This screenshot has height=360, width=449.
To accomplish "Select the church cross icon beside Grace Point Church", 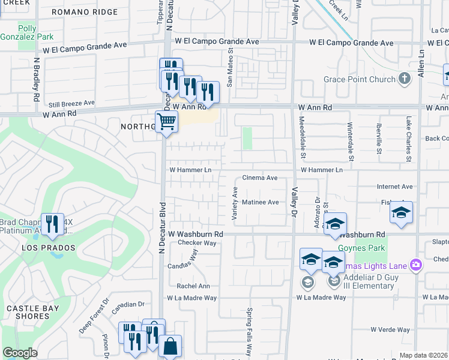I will tap(405, 78).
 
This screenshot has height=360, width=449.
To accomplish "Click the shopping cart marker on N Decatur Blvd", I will tap(167, 122).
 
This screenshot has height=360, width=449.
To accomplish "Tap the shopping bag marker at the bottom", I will tap(170, 347).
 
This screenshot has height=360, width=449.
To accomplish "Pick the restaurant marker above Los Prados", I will tap(52, 224).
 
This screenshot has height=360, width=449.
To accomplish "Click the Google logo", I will tap(20, 353).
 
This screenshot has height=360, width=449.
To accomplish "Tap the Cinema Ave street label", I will tap(259, 178).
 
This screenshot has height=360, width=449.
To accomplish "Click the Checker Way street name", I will tap(197, 243).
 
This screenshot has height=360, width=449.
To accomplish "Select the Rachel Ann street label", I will tap(193, 286).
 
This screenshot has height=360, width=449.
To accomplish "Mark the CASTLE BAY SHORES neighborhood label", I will tap(28, 312).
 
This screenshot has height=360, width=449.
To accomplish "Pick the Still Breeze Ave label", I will tap(72, 103).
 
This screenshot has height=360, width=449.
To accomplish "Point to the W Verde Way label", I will tap(390, 329).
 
